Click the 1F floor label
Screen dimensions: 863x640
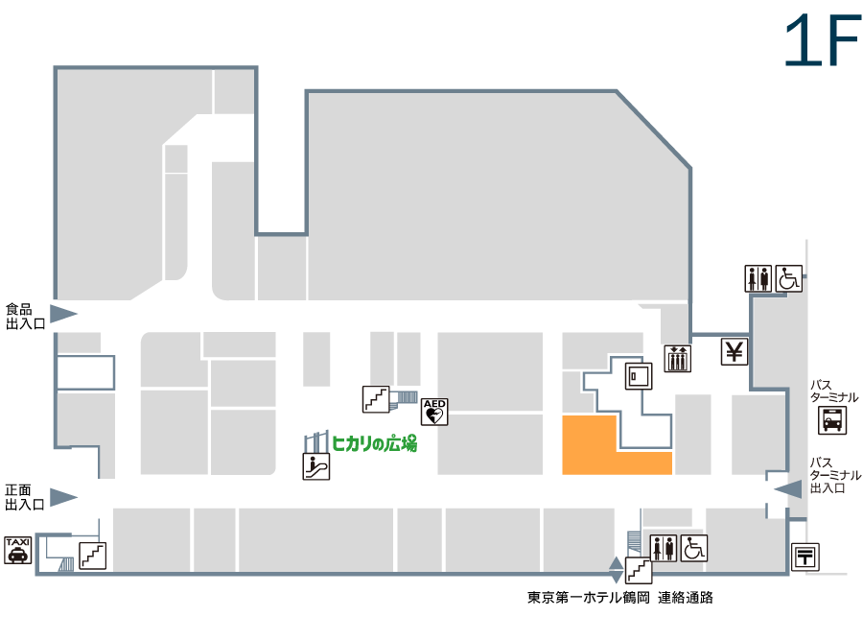822,39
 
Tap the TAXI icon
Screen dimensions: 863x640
18,550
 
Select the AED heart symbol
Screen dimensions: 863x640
434,412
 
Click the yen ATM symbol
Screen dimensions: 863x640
735,351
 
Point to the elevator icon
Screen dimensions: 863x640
678,359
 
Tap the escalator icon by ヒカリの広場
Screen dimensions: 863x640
316,466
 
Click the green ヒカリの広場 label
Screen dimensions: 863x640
374,443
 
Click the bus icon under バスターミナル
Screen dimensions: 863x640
832,420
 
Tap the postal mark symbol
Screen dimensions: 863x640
805,557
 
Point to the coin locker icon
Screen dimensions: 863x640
639,376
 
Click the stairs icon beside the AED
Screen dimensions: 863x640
376,399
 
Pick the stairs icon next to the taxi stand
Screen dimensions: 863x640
92,556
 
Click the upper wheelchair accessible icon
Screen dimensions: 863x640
789,278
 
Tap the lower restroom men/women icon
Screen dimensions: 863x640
664,548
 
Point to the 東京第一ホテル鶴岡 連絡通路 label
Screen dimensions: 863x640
619,598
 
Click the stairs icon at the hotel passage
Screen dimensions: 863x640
639,570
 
